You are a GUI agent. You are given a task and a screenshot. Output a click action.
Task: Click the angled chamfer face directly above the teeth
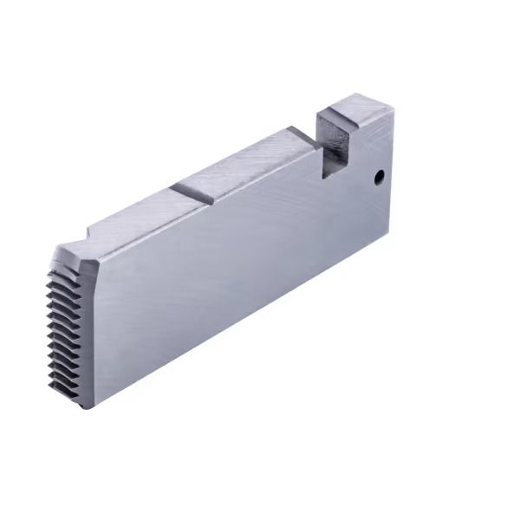point(78,259)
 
